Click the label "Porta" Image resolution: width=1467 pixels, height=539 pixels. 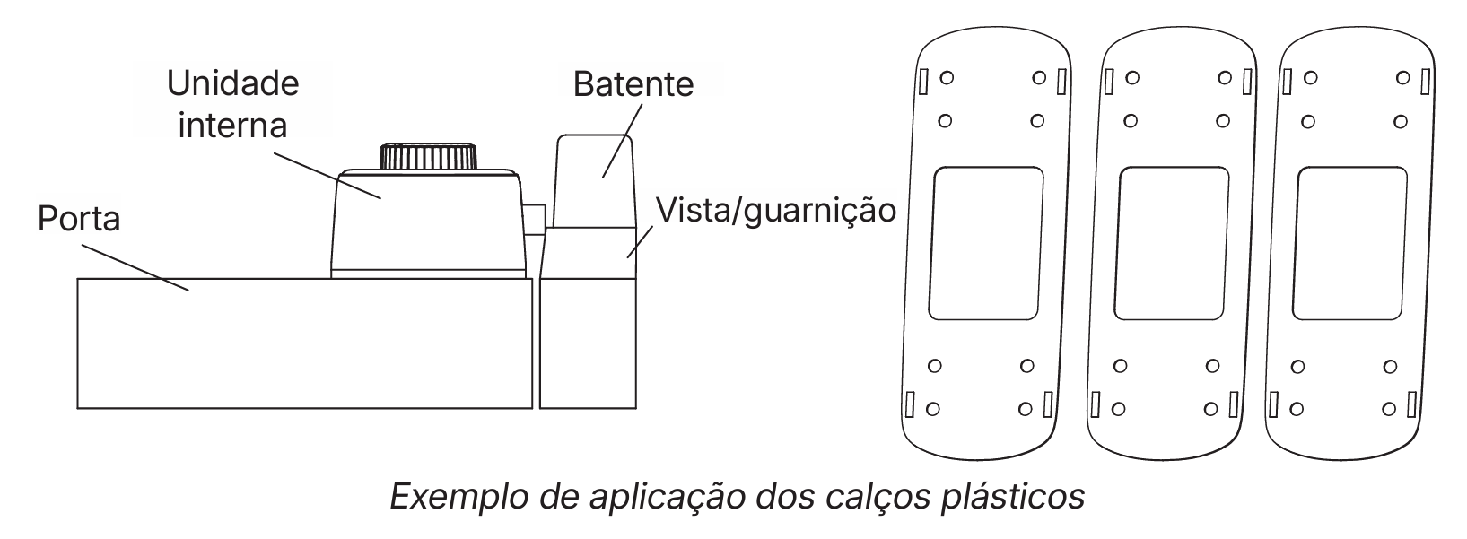pyautogui.click(x=79, y=217)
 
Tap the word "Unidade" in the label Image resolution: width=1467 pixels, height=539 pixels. pyautogui.click(x=233, y=83)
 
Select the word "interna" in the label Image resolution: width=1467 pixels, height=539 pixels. pyautogui.click(x=232, y=124)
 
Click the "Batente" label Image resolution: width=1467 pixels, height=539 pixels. pyautogui.click(x=633, y=83)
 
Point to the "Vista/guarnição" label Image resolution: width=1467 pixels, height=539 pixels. pyautogui.click(x=776, y=210)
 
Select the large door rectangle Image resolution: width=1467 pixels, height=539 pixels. pyautogui.click(x=305, y=343)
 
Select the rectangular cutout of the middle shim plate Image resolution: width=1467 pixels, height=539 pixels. pyautogui.click(x=1174, y=243)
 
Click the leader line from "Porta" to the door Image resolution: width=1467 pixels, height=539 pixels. pyautogui.click(x=135, y=266)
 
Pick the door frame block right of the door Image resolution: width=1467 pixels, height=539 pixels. pyautogui.click(x=588, y=343)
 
